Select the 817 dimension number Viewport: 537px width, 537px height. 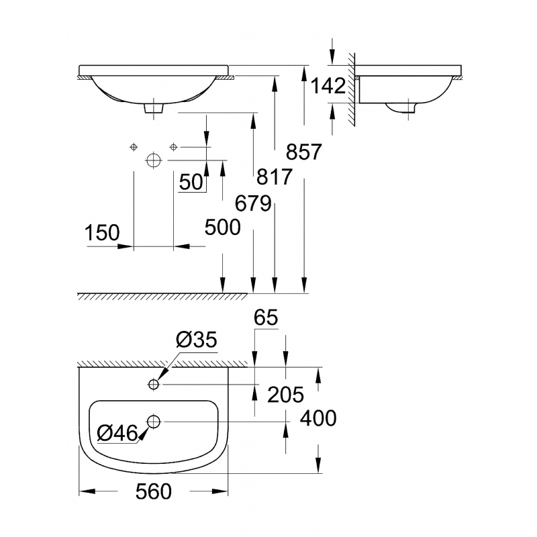click(x=275, y=177)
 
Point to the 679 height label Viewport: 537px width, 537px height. click(x=253, y=203)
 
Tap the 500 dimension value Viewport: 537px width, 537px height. click(x=222, y=228)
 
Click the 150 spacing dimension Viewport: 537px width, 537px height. click(x=102, y=233)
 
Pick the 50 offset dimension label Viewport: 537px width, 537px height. click(x=191, y=182)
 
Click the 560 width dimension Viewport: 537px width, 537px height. click(x=154, y=492)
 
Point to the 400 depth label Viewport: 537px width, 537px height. click(x=318, y=419)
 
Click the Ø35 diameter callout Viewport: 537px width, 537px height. click(x=197, y=341)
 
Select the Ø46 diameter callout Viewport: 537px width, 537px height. click(x=117, y=434)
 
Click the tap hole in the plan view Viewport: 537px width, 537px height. click(x=154, y=384)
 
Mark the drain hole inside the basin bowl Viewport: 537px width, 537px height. click(x=154, y=422)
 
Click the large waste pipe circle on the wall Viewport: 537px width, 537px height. click(x=154, y=161)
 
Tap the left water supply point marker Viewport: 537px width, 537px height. click(x=134, y=147)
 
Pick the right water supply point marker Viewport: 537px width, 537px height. click(x=174, y=147)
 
